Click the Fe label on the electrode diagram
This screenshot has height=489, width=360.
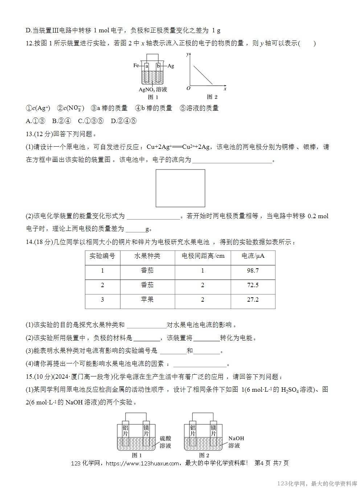point(136,66)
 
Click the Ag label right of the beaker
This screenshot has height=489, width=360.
point(171,66)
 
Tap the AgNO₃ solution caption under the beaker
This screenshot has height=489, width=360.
point(153,89)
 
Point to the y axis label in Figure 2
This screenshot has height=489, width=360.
point(187,54)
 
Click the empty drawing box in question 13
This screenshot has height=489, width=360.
point(180,188)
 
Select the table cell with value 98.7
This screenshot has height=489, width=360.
point(253,271)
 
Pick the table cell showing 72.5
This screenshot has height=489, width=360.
point(253,285)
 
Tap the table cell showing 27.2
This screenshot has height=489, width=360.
point(253,300)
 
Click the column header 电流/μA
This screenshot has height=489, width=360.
point(253,256)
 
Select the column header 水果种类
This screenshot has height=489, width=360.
point(147,256)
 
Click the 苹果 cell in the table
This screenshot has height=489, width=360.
point(147,300)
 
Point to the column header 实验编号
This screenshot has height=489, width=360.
point(102,256)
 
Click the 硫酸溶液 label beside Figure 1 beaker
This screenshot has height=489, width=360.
point(165,442)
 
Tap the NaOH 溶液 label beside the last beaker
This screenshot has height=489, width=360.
point(236,442)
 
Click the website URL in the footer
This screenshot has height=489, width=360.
point(145,463)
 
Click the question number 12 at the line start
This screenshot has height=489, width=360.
point(30,44)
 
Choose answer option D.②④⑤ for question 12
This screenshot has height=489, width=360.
point(123,121)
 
